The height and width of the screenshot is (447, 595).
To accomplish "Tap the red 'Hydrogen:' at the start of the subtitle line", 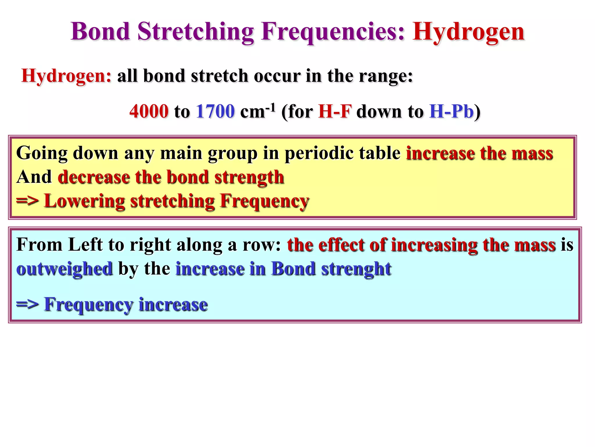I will [66, 76].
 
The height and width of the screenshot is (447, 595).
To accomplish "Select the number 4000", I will [149, 111].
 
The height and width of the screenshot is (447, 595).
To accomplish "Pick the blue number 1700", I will [215, 111].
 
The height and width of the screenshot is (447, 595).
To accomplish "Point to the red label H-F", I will [335, 111].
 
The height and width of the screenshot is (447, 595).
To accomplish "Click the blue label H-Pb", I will [451, 111].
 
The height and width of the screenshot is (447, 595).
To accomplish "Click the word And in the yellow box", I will [34, 177].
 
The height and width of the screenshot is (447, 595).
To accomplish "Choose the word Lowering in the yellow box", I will [84, 201].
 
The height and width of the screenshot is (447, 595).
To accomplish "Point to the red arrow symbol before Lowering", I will [27, 201].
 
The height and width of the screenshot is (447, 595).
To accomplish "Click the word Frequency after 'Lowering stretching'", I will [264, 201].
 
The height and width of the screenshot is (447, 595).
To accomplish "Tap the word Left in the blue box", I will [85, 244].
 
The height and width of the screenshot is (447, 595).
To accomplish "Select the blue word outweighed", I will [64, 269].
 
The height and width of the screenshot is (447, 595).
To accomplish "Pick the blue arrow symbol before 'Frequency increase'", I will [27, 305].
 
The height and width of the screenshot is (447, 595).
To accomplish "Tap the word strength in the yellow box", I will [249, 177].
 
